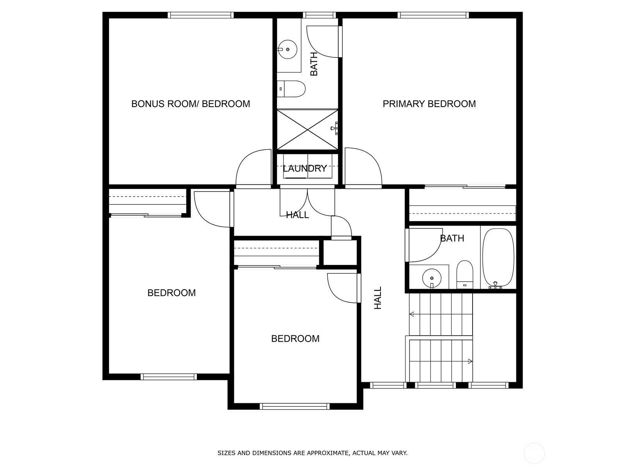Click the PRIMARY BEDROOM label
pyautogui.click(x=429, y=104)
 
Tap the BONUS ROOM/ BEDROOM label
pyautogui.click(x=191, y=104)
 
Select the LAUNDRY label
pyautogui.click(x=305, y=168)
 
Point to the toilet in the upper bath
pyautogui.click(x=291, y=89)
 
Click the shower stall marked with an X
pyautogui.click(x=307, y=130)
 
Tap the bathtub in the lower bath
pyautogui.click(x=498, y=258)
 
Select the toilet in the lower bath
pyautogui.click(x=465, y=274)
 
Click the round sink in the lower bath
pyautogui.click(x=432, y=277)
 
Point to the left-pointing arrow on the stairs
pyautogui.click(x=411, y=314)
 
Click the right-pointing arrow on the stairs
pyautogui.click(x=470, y=362)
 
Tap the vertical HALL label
pyautogui.click(x=378, y=298)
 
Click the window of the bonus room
pyautogui.click(x=200, y=15)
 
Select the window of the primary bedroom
pyautogui.click(x=433, y=15)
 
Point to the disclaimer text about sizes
pyautogui.click(x=312, y=453)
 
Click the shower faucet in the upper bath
pyautogui.click(x=335, y=128)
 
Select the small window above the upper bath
pyautogui.click(x=321, y=15)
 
